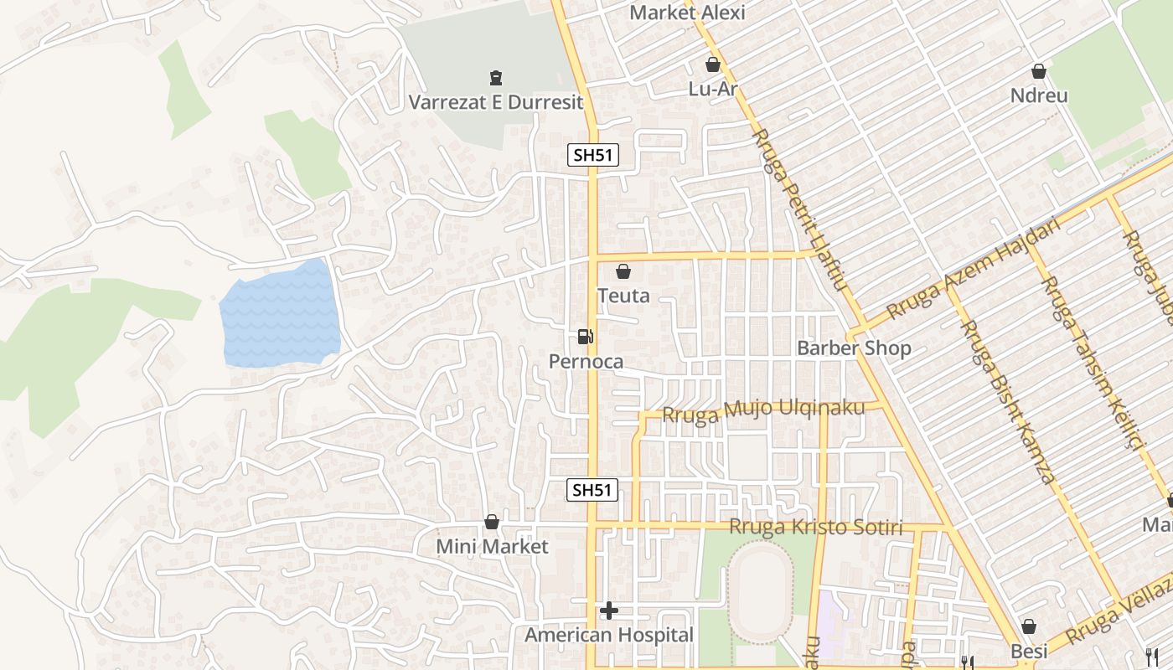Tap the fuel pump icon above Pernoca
[x=586, y=337]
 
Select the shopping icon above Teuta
[x=623, y=271]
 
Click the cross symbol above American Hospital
[x=609, y=611]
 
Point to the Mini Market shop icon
[x=492, y=523]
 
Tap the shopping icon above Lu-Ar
[x=713, y=64]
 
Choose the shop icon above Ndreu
[x=1039, y=72]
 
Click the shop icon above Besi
[x=1029, y=627]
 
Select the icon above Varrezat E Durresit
[x=495, y=78]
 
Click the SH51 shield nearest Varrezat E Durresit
[x=593, y=155]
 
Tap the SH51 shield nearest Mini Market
[x=593, y=490]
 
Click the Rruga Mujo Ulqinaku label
[x=762, y=411]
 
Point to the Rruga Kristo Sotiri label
[x=816, y=528]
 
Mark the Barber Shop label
[x=854, y=348]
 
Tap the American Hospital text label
[x=609, y=636]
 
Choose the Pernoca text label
[x=586, y=362]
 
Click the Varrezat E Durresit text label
[x=495, y=102]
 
